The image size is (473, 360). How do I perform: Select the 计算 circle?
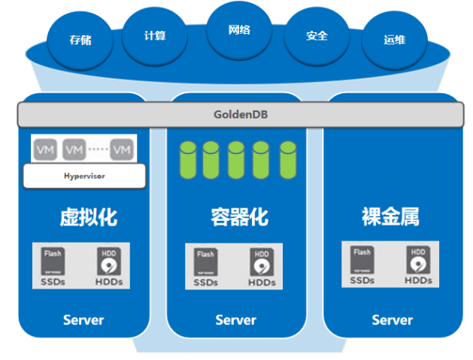click(x=154, y=35)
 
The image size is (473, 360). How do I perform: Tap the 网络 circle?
click(x=238, y=32)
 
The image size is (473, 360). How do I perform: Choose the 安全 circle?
click(x=317, y=35)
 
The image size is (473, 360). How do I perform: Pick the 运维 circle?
click(x=394, y=39)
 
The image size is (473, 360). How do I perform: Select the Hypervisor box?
click(x=83, y=176)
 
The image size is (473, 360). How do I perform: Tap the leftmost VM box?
click(x=44, y=150)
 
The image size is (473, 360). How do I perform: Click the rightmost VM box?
click(x=121, y=150)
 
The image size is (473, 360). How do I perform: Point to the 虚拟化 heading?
click(x=88, y=218)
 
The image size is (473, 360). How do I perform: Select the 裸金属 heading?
click(x=390, y=218)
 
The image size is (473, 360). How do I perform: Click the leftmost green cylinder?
click(x=188, y=158)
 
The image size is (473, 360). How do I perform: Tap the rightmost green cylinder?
click(x=287, y=158)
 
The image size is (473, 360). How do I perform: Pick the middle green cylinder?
click(x=237, y=158)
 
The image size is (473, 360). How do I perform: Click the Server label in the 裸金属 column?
click(x=392, y=320)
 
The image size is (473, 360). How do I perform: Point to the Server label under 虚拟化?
click(x=83, y=320)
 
